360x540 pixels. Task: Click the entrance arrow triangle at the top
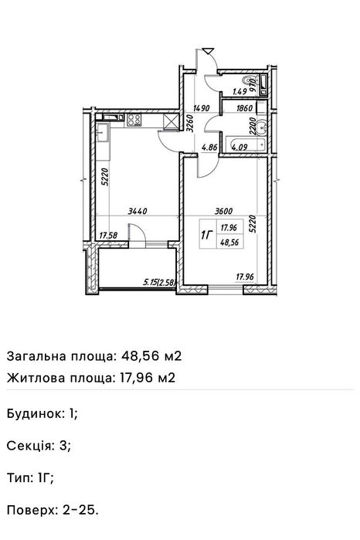tap(207, 49)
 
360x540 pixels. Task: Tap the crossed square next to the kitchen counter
tap(168, 121)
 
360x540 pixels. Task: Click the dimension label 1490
tap(202, 109)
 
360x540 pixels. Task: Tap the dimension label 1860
tap(242, 109)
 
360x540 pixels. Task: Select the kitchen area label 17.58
tap(110, 236)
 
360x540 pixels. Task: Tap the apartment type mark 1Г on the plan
tap(206, 234)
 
